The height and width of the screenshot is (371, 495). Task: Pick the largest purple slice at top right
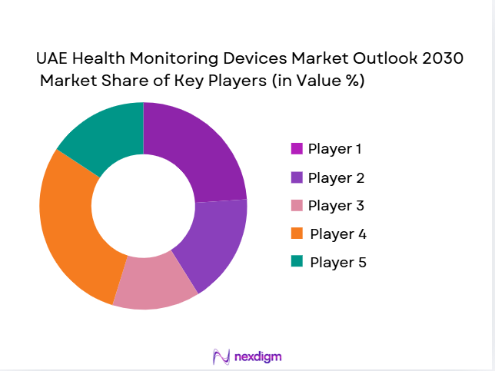pos(204,150)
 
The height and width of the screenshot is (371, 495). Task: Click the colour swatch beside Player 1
pos(296,148)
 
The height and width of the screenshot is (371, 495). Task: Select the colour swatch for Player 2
pos(296,177)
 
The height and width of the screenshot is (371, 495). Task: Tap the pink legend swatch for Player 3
pos(296,205)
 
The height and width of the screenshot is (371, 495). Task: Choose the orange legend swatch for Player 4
pos(296,233)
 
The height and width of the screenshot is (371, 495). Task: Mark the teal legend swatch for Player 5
pos(296,261)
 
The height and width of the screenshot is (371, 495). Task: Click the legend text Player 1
pos(334,148)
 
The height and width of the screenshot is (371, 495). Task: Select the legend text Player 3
pos(336,206)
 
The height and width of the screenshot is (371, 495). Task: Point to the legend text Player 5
pos(338,262)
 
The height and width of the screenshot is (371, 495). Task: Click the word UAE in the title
pos(52,59)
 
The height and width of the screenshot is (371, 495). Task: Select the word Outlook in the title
pos(384,59)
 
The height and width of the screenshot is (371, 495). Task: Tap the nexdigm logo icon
pos(221,356)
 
